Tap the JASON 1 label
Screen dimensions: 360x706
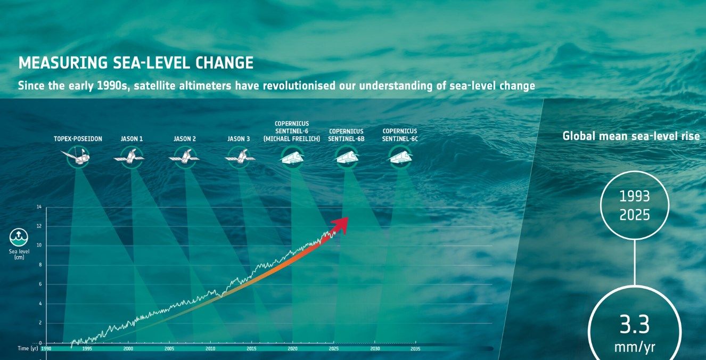point(132,139)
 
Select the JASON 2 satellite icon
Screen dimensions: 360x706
point(184,157)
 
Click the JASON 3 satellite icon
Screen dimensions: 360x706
point(239,157)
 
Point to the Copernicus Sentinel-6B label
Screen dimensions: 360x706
point(346,135)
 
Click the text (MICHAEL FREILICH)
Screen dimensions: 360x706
point(292,139)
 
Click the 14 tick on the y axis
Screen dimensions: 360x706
point(39,207)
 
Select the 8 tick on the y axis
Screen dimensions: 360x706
point(39,265)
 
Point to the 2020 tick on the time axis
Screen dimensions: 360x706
point(292,349)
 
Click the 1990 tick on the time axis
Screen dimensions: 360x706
point(46,349)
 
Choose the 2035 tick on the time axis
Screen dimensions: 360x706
point(415,349)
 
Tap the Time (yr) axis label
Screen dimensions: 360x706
point(27,348)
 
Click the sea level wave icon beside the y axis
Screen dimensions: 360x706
point(19,238)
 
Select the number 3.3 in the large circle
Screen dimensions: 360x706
point(634,325)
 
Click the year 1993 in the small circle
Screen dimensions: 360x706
point(634,197)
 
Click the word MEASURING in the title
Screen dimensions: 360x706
point(63,63)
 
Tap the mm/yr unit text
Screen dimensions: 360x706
point(634,348)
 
